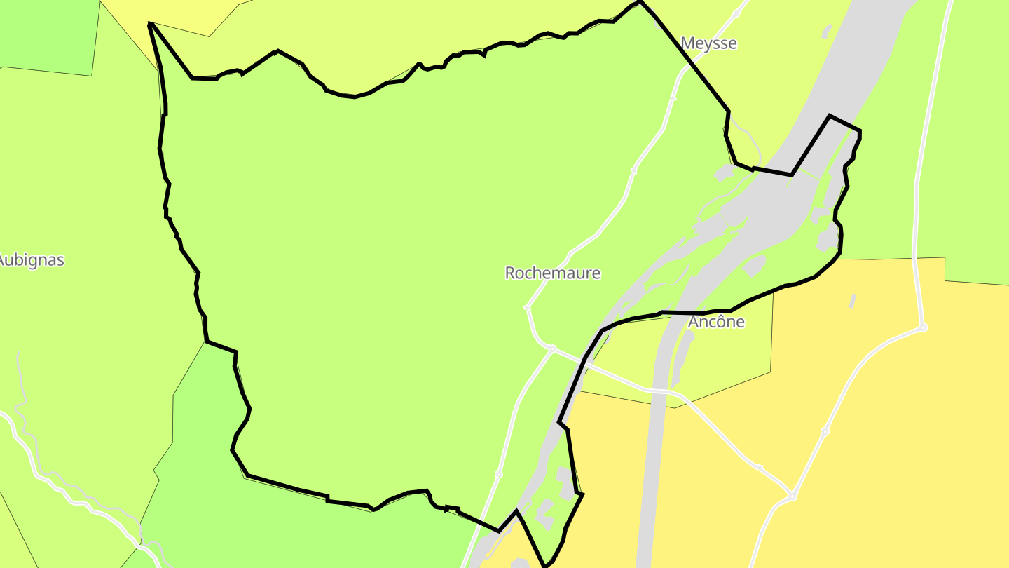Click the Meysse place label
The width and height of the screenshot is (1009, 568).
(x=708, y=43)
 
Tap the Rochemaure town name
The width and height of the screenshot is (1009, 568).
(x=553, y=273)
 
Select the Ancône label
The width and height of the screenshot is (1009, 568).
(x=716, y=322)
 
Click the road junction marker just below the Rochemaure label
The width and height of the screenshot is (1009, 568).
(x=528, y=307)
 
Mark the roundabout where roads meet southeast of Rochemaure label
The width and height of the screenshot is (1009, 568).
(x=552, y=349)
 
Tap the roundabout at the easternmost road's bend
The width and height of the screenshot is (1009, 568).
(x=923, y=327)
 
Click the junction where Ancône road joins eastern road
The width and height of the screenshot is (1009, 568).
(x=792, y=496)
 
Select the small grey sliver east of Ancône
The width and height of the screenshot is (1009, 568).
(x=853, y=301)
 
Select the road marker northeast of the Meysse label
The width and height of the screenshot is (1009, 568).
(x=736, y=13)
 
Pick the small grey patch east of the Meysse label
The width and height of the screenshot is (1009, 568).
(x=827, y=31)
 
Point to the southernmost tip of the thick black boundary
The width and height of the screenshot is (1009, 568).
(x=546, y=565)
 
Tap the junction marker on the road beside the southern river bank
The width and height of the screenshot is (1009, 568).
(x=499, y=474)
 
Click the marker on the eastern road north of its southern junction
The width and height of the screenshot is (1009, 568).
(x=825, y=431)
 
